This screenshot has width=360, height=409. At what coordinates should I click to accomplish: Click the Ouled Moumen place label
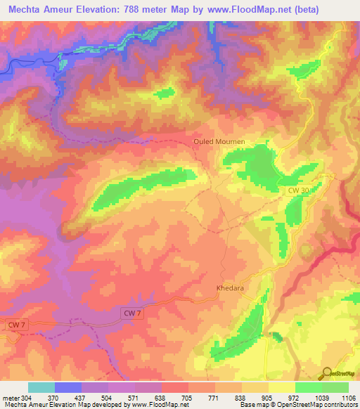pyautogui.click(x=219, y=141)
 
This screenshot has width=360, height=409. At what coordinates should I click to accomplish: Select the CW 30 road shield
pyautogui.click(x=298, y=190)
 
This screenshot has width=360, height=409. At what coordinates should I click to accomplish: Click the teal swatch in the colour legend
pyautogui.click(x=41, y=387)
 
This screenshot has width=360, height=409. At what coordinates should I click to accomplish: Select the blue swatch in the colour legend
pyautogui.click(x=68, y=387)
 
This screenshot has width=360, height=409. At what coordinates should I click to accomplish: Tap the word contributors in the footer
pyautogui.click(x=337, y=405)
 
